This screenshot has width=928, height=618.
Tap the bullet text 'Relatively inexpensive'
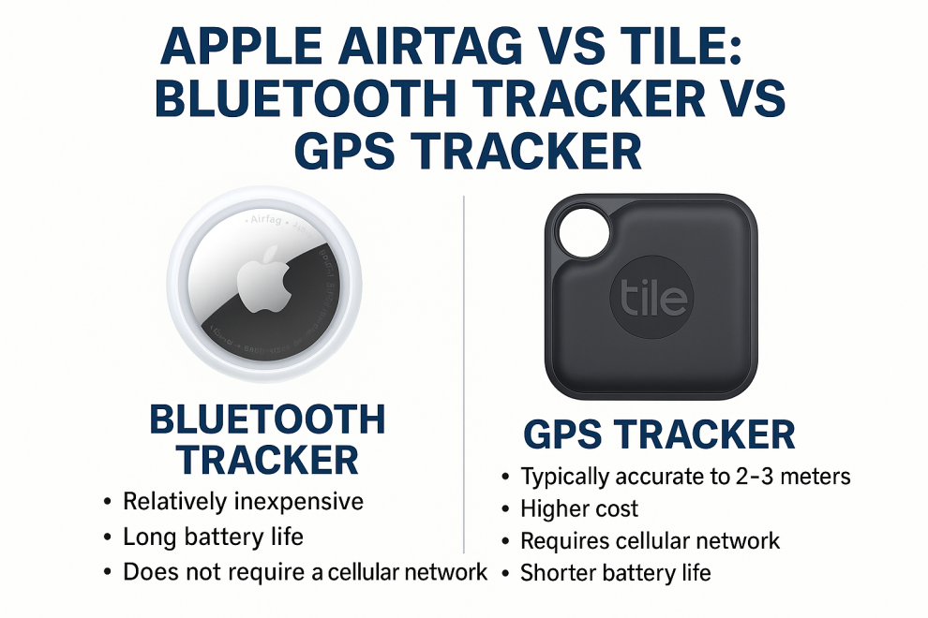(x=243, y=502)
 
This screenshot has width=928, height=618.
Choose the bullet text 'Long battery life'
(x=213, y=537)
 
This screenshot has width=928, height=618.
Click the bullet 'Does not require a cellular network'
(x=305, y=572)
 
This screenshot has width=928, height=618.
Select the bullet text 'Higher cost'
(x=579, y=509)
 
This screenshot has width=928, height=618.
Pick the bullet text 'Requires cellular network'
(x=650, y=540)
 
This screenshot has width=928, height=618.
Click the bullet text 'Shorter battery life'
(x=615, y=572)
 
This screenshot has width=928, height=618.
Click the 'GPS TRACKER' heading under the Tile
(x=659, y=434)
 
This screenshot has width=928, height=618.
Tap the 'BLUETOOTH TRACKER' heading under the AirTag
(x=268, y=439)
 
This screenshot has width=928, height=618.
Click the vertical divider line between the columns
(x=465, y=375)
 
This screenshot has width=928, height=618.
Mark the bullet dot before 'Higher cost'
(x=506, y=510)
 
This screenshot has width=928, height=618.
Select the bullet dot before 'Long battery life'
(x=109, y=538)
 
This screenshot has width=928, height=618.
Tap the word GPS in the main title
(x=362, y=150)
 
